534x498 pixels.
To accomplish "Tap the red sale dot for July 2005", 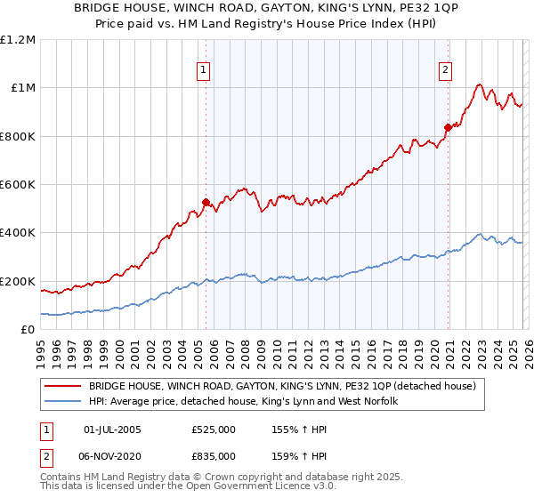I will click(206, 203).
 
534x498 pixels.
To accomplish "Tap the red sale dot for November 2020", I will click(448, 127).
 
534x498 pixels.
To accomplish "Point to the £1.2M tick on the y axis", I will click(19, 40).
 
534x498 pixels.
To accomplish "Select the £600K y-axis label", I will click(19, 185).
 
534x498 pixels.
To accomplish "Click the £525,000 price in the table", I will click(214, 429).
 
